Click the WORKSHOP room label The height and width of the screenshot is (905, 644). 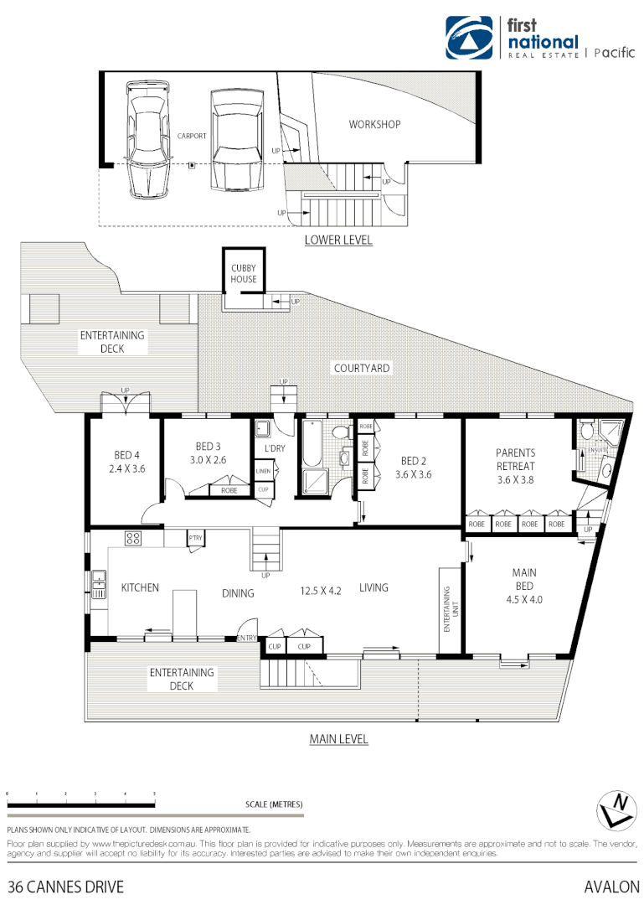pos(374,124)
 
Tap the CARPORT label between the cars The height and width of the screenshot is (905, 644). pos(192,135)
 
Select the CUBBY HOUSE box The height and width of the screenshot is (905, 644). pos(244,273)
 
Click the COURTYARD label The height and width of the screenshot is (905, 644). pos(362,368)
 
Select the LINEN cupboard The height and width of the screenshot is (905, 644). pos(263,473)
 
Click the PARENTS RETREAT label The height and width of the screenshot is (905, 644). pos(515,460)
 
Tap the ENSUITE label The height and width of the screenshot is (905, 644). pos(599,450)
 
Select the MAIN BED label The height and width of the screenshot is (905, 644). pos(524,579)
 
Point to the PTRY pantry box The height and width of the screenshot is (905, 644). pos(196,538)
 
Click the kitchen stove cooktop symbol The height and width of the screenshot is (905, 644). pos(133,538)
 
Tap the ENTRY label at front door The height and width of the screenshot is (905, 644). pos(247,639)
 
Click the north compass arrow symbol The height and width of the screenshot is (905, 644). pos(617,809)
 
